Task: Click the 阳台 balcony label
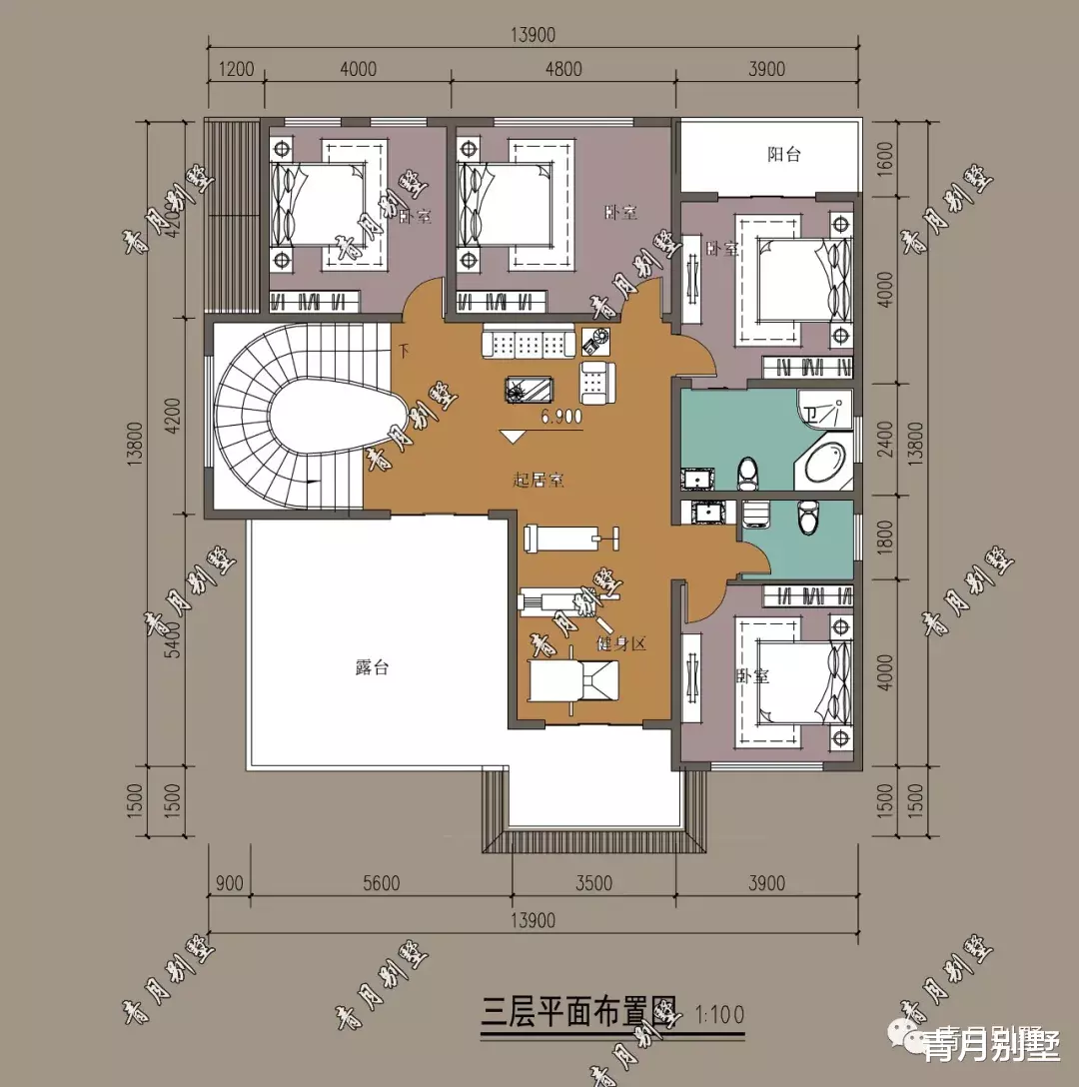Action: click(784, 155)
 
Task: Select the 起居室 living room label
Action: click(539, 481)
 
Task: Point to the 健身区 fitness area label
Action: click(621, 643)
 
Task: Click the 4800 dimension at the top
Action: click(562, 69)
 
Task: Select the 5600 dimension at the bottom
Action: click(380, 883)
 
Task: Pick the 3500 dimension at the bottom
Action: click(593, 883)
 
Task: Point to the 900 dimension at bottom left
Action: click(229, 883)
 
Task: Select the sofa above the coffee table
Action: click(527, 344)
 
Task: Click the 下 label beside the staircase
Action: click(405, 351)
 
